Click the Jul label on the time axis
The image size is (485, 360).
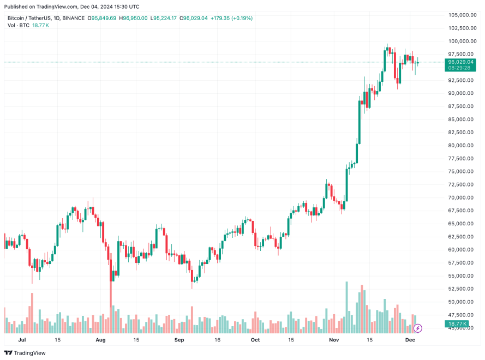click(x=22, y=339)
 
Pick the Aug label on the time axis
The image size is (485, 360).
click(x=100, y=339)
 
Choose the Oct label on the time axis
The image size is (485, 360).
click(x=255, y=339)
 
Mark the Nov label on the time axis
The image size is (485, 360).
click(x=334, y=339)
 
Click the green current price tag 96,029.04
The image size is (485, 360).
click(x=460, y=62)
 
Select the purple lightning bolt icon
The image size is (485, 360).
click(x=418, y=328)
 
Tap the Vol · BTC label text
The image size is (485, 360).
click(x=18, y=26)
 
